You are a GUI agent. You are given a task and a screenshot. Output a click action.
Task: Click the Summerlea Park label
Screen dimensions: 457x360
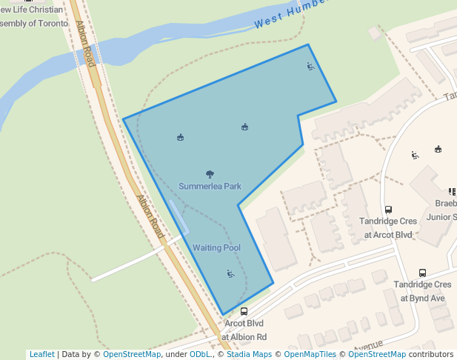(x=210, y=186)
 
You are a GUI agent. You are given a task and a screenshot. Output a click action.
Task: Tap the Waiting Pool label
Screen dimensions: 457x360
(x=216, y=247)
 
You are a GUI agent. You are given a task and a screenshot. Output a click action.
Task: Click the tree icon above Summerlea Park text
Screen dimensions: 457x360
(x=210, y=175)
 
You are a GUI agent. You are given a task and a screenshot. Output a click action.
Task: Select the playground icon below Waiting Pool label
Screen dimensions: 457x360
(x=230, y=274)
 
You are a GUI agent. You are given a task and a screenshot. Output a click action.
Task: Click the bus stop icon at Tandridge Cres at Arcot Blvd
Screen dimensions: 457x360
(x=389, y=210)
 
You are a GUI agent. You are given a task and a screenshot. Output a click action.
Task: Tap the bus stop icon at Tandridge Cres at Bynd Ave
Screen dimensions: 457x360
(x=422, y=273)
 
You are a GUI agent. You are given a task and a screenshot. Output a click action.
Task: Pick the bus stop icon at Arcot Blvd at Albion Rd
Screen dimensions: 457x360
(x=244, y=312)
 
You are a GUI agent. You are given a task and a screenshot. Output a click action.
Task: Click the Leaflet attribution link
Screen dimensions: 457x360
(x=41, y=354)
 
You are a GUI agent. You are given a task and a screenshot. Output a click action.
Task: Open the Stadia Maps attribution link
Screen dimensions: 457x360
(x=248, y=354)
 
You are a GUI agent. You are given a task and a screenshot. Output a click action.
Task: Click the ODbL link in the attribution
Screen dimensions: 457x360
(x=201, y=354)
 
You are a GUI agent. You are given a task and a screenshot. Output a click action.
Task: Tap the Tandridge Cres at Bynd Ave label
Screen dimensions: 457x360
(x=422, y=291)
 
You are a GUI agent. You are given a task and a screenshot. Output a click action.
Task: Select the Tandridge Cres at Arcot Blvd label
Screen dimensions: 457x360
(x=388, y=228)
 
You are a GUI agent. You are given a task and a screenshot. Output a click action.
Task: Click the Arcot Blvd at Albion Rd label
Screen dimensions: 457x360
(x=244, y=330)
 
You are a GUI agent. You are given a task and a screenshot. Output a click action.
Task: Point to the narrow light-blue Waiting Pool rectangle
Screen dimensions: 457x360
(x=179, y=216)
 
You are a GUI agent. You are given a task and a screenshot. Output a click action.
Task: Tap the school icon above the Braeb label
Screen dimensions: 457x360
(x=452, y=192)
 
